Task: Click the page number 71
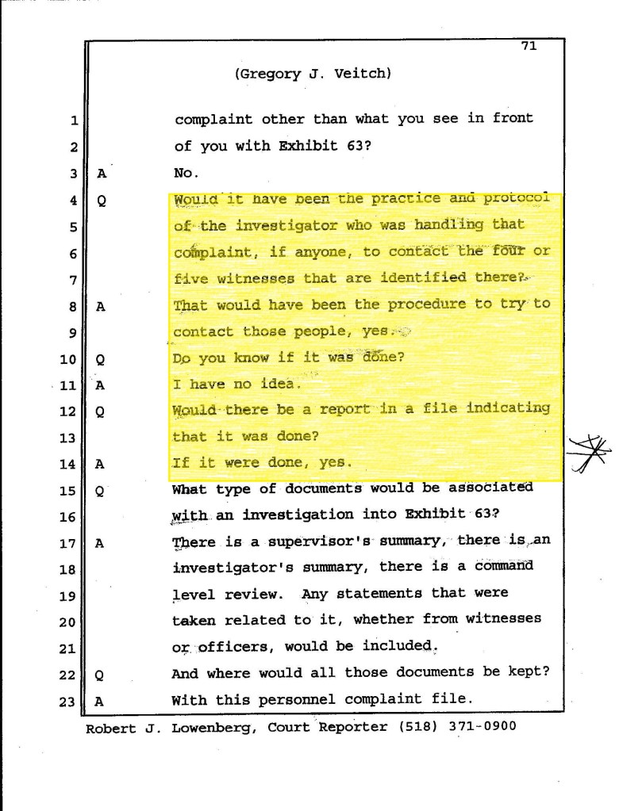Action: pyautogui.click(x=529, y=45)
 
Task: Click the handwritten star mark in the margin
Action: pyautogui.click(x=590, y=454)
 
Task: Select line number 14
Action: pyautogui.click(x=67, y=464)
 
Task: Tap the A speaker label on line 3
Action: pyautogui.click(x=102, y=173)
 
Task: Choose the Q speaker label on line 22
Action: pyautogui.click(x=101, y=675)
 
